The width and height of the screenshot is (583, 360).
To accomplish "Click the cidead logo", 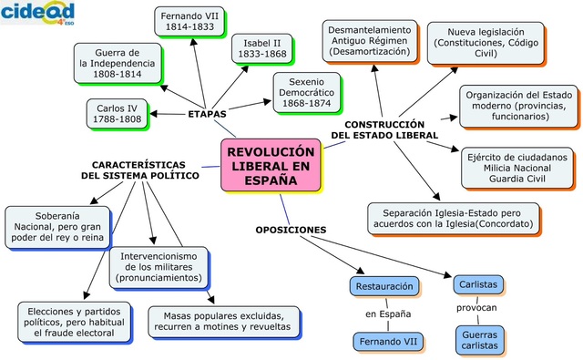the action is click(x=37, y=13).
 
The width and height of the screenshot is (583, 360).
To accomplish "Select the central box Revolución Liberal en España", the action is click(x=271, y=166).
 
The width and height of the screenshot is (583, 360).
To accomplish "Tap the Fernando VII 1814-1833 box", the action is click(x=189, y=22).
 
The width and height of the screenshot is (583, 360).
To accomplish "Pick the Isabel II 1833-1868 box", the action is click(x=262, y=48).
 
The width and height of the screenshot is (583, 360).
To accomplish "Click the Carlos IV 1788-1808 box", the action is click(x=118, y=114).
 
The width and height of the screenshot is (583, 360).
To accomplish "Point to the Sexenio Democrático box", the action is click(x=307, y=93).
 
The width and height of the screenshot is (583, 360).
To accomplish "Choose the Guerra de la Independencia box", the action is click(x=118, y=63).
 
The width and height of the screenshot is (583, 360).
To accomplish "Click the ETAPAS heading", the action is click(x=207, y=114).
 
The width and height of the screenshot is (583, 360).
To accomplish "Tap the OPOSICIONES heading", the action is click(x=291, y=230).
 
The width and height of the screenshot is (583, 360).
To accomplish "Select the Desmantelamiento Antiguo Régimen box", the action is click(x=370, y=41).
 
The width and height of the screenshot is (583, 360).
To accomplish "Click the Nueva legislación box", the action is click(x=486, y=43).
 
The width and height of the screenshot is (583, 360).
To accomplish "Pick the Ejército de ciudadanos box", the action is click(x=517, y=168).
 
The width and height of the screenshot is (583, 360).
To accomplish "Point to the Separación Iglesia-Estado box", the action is click(x=454, y=219).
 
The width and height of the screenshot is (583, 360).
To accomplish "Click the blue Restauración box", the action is click(x=384, y=286).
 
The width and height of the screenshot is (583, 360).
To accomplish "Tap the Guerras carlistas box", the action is click(x=480, y=340).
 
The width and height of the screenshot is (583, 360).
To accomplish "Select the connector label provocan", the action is click(x=476, y=307).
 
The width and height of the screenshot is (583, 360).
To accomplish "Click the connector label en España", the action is click(x=388, y=314).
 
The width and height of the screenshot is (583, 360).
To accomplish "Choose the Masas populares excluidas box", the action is click(x=223, y=322).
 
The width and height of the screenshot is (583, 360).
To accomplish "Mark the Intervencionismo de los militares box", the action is click(x=159, y=267).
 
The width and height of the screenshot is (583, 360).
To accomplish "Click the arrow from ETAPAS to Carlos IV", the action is click(x=168, y=114).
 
